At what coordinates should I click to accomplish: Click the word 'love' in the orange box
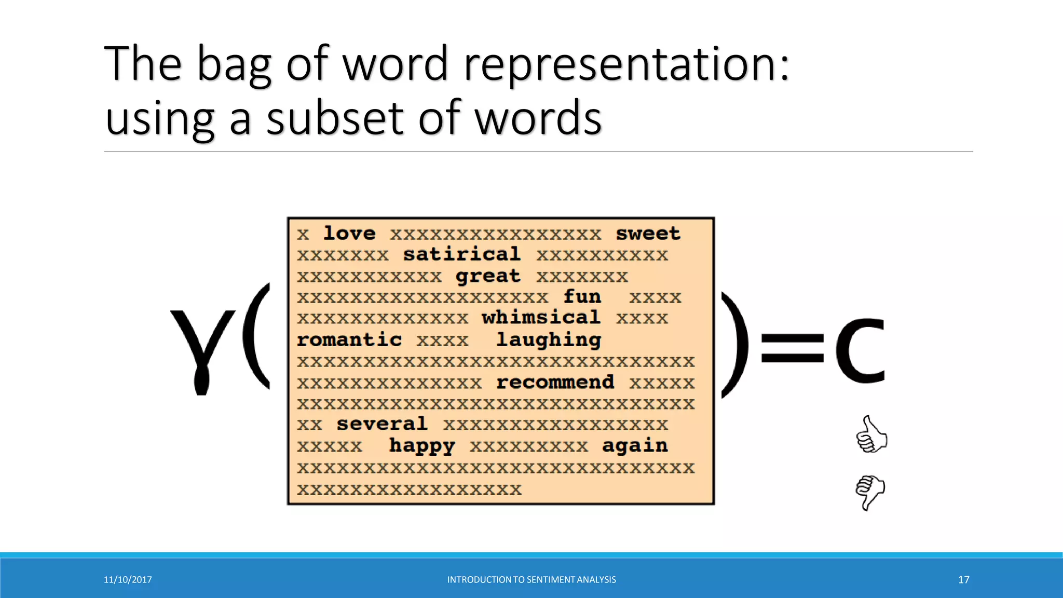[x=349, y=234]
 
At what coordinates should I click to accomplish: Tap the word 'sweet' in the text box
[x=648, y=234]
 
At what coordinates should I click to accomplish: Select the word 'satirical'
[x=461, y=254]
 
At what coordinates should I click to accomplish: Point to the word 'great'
[x=488, y=276]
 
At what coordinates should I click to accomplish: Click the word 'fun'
[x=582, y=297]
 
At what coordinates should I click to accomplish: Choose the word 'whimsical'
[x=541, y=318]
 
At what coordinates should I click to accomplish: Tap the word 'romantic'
[x=349, y=340]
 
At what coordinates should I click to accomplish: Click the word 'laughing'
[x=549, y=340]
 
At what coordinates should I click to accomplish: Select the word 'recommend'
[x=555, y=383]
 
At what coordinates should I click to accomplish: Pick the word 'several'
[x=382, y=424]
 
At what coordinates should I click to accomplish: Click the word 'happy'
[x=422, y=446]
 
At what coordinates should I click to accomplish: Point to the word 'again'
[x=635, y=446]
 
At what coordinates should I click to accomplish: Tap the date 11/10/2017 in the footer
[x=128, y=580]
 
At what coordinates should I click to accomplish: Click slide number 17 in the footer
[x=963, y=580]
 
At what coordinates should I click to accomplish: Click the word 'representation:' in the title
[x=626, y=64]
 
